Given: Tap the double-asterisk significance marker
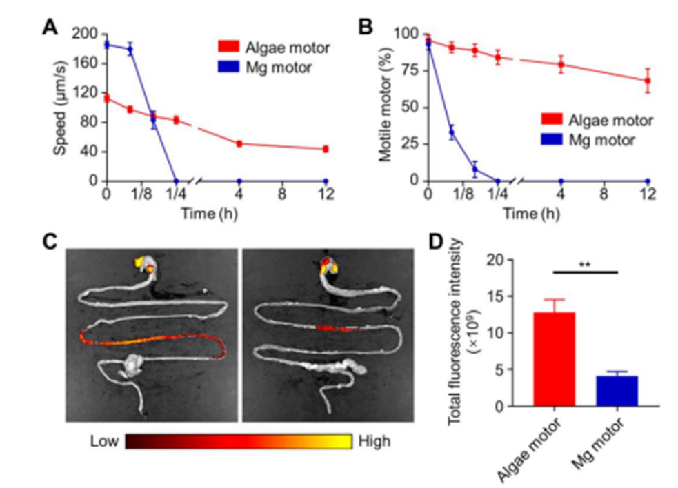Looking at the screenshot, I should [x=584, y=265].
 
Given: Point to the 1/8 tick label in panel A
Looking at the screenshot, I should [x=141, y=196].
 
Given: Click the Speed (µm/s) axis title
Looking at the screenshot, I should [x=61, y=108].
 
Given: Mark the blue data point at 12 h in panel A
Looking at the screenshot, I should [x=326, y=181].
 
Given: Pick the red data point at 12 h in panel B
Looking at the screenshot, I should [x=647, y=81].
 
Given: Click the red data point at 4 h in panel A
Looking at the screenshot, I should [x=239, y=143].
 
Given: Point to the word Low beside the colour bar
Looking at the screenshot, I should [x=104, y=440].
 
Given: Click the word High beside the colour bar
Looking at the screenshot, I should [x=373, y=440].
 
